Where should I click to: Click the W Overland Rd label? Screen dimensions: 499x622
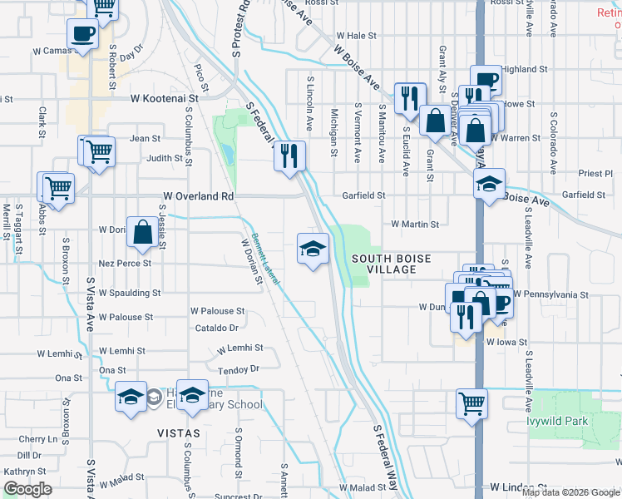[198, 196]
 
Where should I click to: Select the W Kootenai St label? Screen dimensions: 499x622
[165, 98]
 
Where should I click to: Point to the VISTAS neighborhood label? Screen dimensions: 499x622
[179, 433]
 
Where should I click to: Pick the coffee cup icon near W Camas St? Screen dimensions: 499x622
[83, 35]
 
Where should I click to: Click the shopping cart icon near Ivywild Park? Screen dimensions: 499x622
[471, 404]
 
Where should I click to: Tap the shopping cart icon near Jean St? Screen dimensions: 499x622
[99, 151]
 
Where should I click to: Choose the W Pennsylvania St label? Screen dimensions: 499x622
[550, 294]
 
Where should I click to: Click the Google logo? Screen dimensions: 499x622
[27, 489]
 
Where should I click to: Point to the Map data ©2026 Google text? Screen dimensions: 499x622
[570, 492]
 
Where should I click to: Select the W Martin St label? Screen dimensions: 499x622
[415, 224]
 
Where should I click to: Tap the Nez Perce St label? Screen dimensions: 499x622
[125, 263]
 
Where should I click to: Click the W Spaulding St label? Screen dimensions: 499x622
[129, 293]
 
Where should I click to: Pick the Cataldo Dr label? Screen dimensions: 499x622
[216, 328]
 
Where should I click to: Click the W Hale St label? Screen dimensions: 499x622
[356, 37]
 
